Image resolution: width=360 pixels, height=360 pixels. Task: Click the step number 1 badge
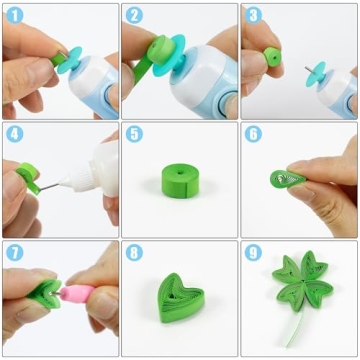[14, 16]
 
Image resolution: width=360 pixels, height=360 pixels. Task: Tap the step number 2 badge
[134, 16]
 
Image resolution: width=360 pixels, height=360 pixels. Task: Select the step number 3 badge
[253, 16]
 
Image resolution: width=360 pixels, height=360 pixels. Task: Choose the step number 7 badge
[14, 253]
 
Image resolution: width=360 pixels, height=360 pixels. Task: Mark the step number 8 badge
[134, 253]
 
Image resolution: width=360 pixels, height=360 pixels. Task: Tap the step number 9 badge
[253, 253]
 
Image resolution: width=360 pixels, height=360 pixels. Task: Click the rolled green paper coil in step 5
[180, 180]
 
